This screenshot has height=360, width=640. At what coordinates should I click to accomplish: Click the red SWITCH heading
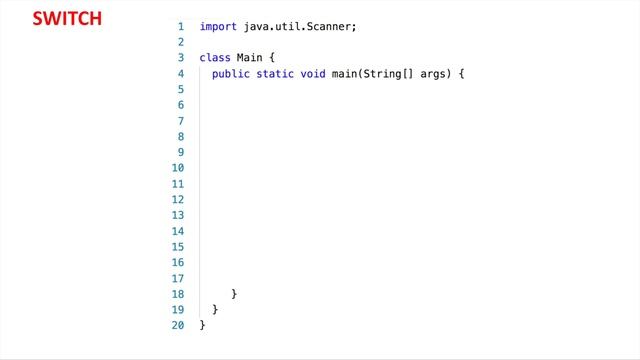pyautogui.click(x=67, y=19)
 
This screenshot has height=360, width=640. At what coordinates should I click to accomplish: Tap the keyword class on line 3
pyautogui.click(x=215, y=58)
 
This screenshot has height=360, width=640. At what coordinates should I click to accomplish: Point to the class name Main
pyautogui.click(x=250, y=58)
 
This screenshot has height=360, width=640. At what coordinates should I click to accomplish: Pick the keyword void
pyautogui.click(x=313, y=74)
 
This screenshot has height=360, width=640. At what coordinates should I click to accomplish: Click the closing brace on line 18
pyautogui.click(x=234, y=294)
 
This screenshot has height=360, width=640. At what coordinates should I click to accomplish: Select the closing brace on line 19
pyautogui.click(x=215, y=310)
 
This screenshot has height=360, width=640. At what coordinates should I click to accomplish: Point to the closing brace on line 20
pyautogui.click(x=203, y=325)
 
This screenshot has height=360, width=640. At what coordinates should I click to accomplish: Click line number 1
pyautogui.click(x=180, y=27)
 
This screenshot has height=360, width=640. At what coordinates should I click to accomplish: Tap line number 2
pyautogui.click(x=180, y=42)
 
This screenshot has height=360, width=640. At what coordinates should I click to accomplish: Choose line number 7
pyautogui.click(x=180, y=121)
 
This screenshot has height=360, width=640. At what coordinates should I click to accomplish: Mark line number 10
pyautogui.click(x=178, y=168)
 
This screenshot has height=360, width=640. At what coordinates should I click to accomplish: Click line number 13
pyautogui.click(x=178, y=215)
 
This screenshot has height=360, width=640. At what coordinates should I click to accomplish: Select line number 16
pyautogui.click(x=178, y=262)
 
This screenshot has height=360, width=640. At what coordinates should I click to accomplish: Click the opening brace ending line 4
pyautogui.click(x=463, y=74)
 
